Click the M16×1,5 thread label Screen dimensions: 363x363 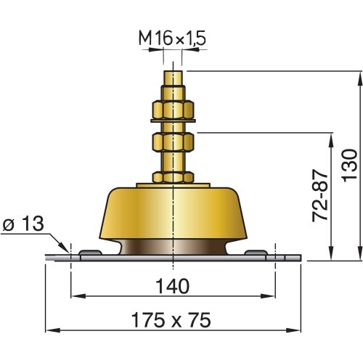coord(174,38)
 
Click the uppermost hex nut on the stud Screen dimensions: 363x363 coord(174,110)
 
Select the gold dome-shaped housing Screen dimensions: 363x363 coord(174,214)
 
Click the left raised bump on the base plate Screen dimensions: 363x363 coord(89,253)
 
